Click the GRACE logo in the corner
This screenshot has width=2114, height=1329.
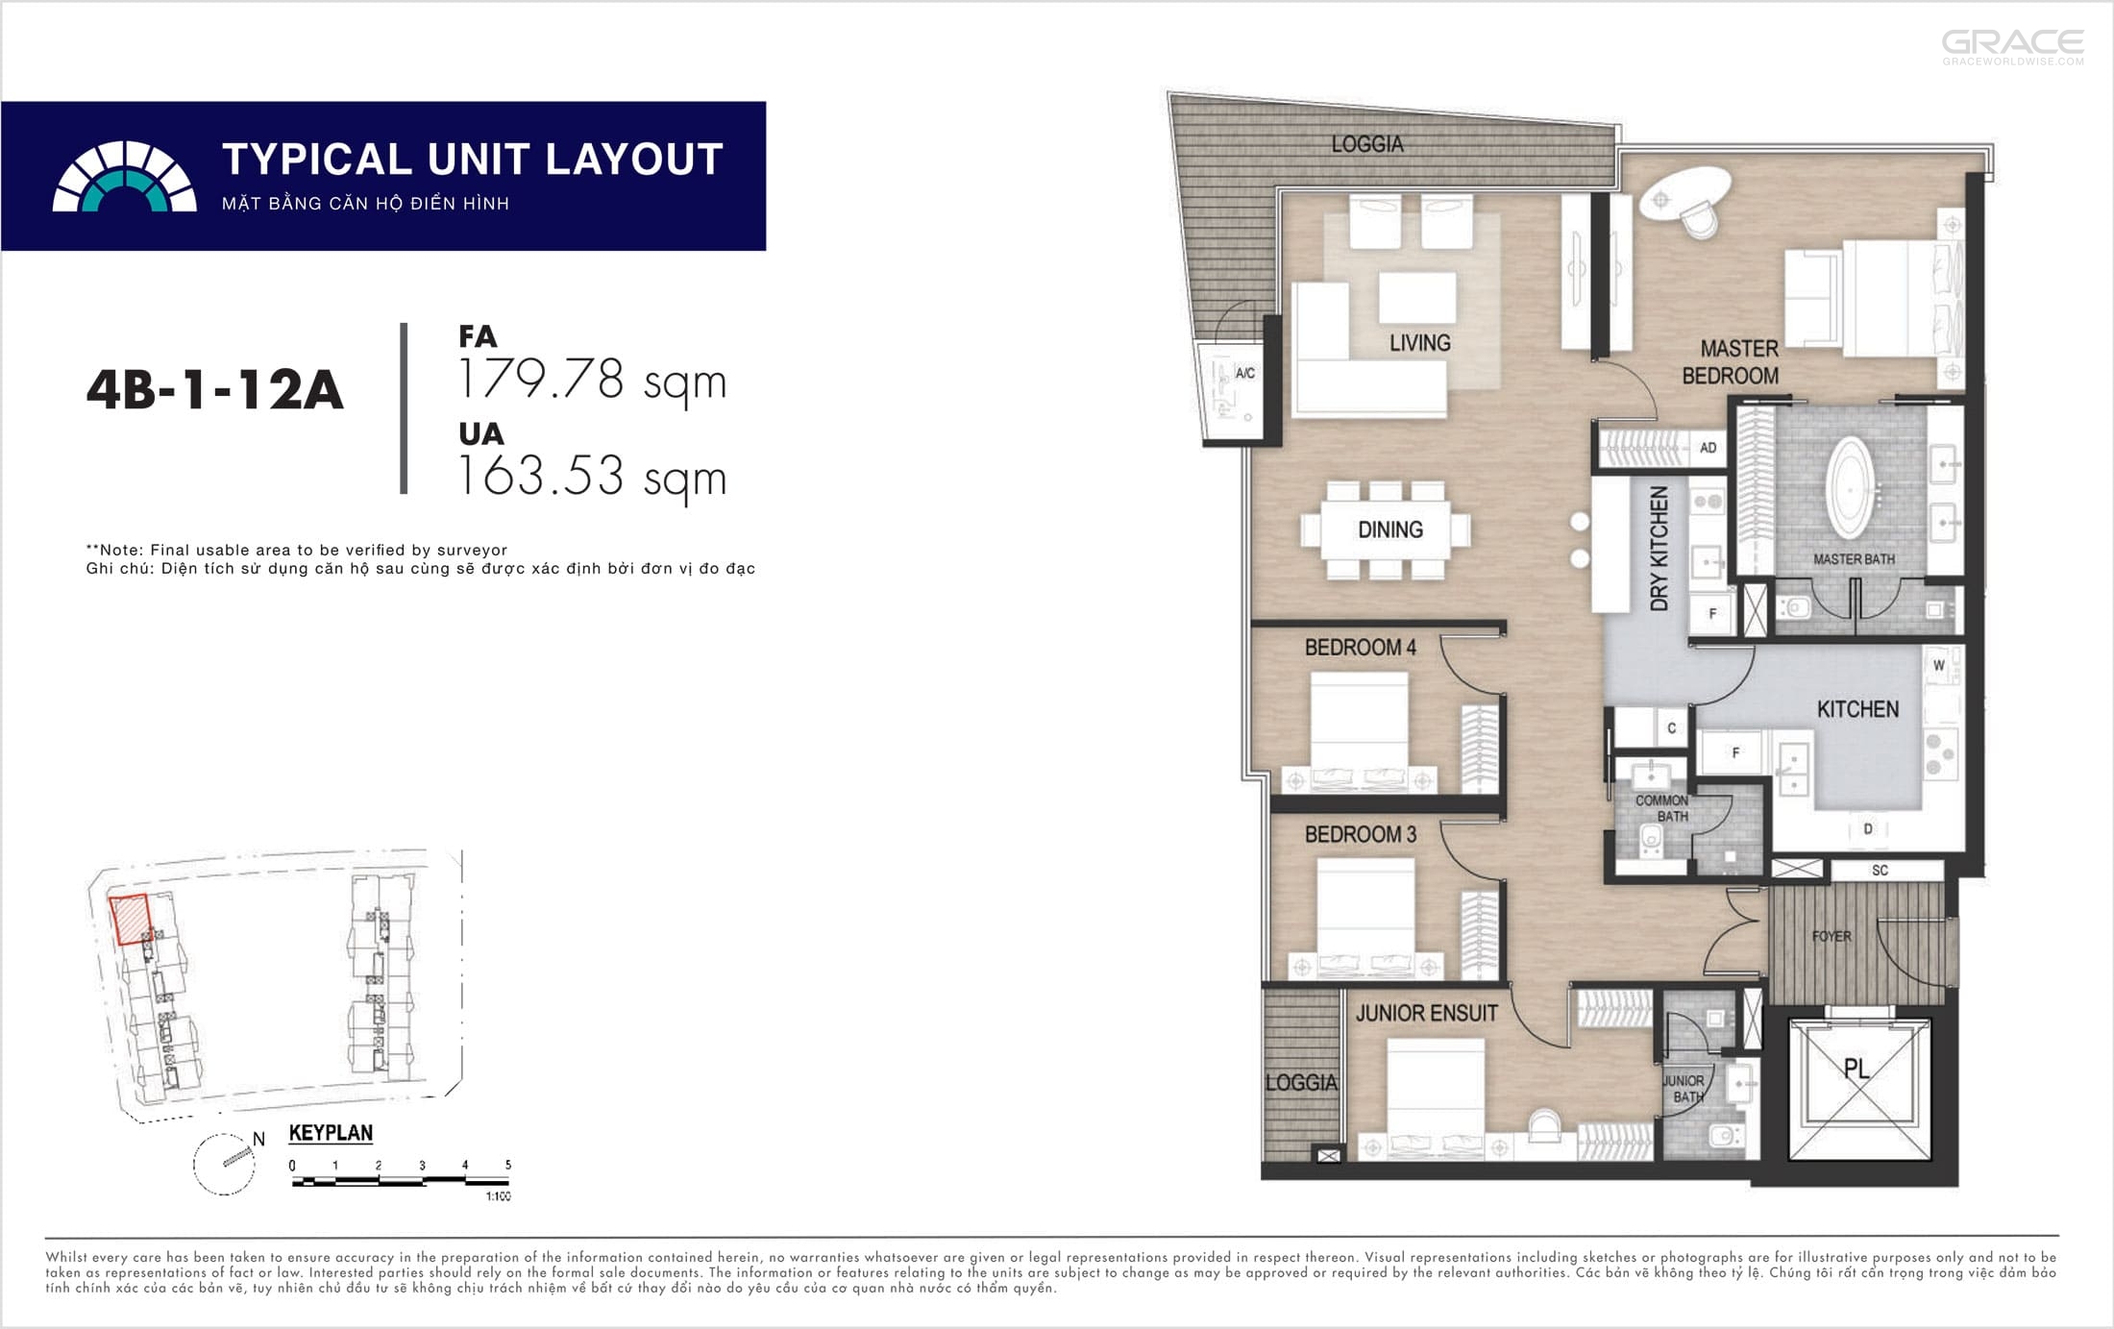coord(2013,46)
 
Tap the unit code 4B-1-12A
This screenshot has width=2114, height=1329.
coord(214,390)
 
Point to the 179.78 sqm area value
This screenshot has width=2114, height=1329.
coord(592,381)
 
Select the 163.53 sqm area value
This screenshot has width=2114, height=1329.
coord(592,477)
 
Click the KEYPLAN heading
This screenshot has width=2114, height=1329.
coord(331,1133)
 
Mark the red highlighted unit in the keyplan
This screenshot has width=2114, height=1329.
coord(131,920)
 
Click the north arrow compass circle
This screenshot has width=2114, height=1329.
coord(224,1164)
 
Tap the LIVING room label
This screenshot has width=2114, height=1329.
coord(1419,343)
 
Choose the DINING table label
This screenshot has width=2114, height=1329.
coord(1389,529)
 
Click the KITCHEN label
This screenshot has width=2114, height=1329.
coord(1857,709)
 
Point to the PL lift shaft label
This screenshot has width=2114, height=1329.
coord(1856,1069)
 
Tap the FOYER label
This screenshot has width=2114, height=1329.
coord(1831,936)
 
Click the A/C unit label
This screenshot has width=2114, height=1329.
coord(1245,373)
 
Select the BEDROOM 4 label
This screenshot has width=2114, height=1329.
coord(1360,648)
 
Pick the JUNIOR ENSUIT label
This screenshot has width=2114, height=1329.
coord(1426,1013)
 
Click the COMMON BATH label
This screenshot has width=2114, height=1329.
coord(1662,808)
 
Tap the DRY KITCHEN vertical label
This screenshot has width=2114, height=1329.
coord(1659,549)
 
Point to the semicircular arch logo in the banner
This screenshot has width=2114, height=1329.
coord(124,177)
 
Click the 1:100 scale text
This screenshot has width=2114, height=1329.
coord(498,1196)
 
